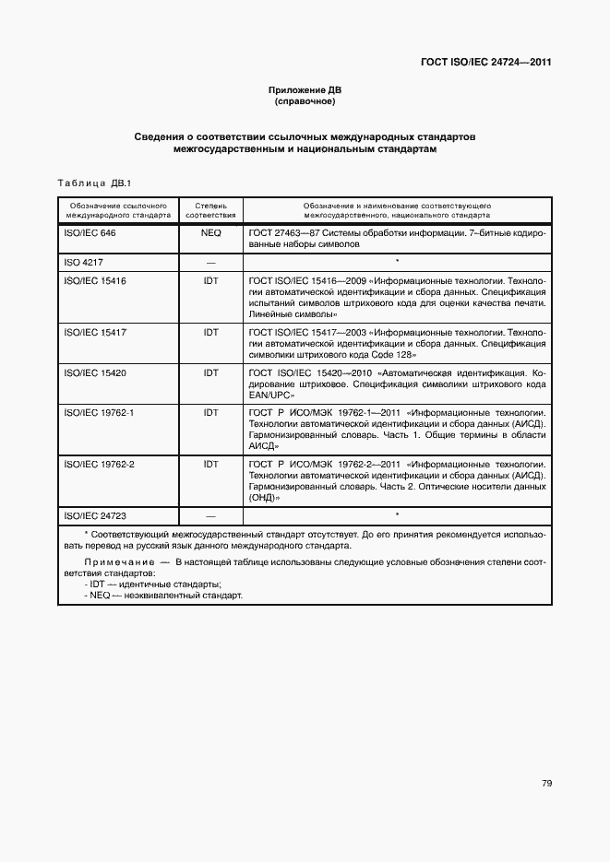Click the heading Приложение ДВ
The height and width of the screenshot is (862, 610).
pos(305,90)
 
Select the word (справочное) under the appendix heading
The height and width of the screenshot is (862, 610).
pos(305,101)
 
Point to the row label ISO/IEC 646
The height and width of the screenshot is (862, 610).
pos(90,233)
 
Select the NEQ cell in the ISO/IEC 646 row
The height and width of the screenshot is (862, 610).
pos(210,233)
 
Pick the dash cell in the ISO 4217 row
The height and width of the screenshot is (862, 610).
pos(210,263)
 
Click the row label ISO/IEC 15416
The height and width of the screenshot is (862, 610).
pos(95,280)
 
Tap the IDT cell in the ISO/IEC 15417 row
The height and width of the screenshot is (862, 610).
pos(210,329)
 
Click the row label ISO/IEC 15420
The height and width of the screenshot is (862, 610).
pos(95,372)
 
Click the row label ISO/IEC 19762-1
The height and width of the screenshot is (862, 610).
pos(99,412)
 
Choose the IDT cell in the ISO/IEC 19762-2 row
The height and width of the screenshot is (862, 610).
pos(210,464)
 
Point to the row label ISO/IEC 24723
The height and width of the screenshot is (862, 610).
pos(95,515)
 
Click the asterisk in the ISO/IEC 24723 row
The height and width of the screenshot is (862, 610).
pos(397,514)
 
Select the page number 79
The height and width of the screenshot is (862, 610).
pos(546,758)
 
